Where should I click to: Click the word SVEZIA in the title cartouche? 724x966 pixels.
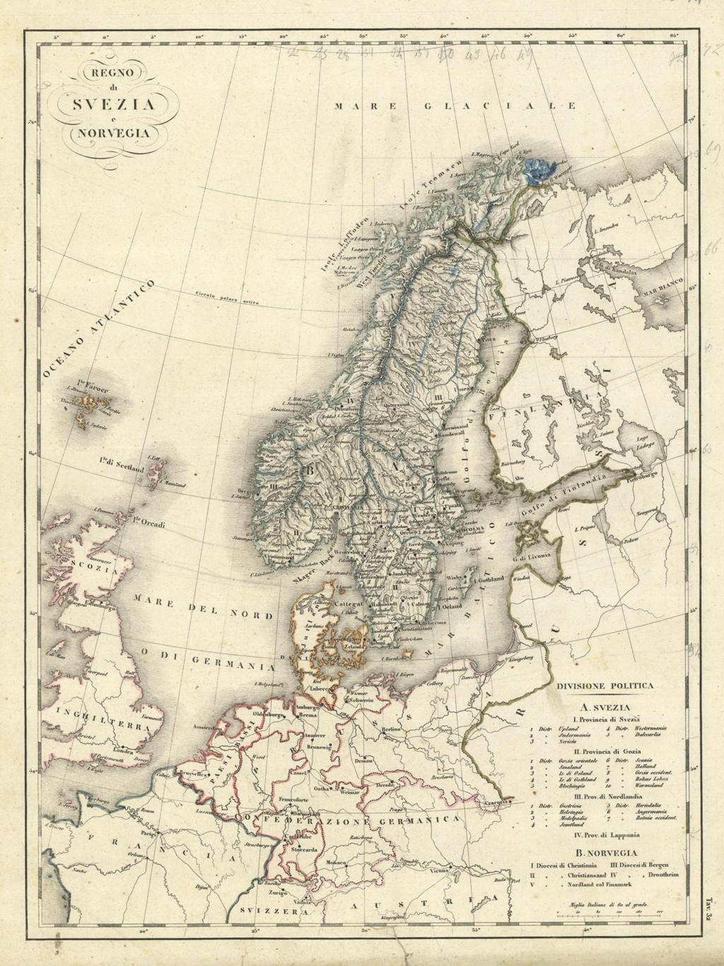tap(113, 104)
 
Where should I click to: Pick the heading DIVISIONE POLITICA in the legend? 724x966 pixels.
tap(605, 685)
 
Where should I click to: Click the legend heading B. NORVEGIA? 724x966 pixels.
tap(606, 853)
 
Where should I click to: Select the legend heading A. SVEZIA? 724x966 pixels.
tap(603, 706)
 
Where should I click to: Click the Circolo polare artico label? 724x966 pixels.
tap(226, 300)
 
